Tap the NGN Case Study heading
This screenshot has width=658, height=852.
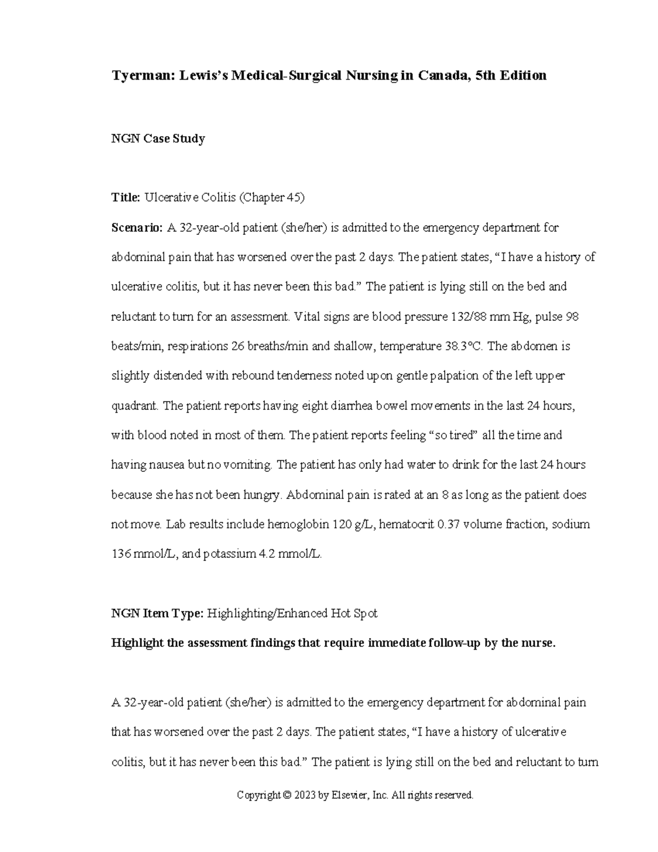pos(158,138)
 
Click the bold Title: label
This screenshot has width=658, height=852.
pos(126,198)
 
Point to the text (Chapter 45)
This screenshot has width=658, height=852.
pos(271,198)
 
